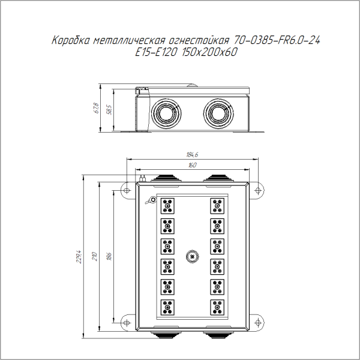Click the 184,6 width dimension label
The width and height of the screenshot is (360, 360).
tap(192, 155)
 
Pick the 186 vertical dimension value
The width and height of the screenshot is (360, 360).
tap(109, 256)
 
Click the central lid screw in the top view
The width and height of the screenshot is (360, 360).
tap(192, 256)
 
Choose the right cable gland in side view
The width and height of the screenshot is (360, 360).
tap(218, 112)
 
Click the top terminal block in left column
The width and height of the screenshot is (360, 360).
tap(167, 207)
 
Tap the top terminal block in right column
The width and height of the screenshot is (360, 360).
tap(217, 207)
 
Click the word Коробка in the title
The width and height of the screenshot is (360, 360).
tap(72, 41)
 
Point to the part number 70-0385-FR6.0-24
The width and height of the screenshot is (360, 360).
tap(276, 41)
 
